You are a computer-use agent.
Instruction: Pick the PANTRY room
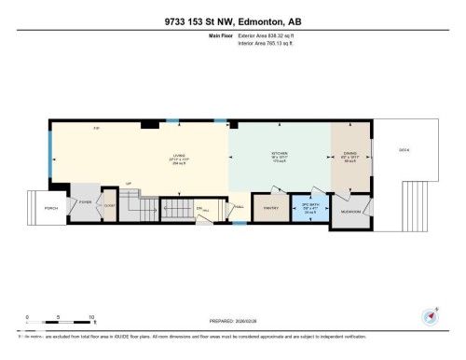[273, 209]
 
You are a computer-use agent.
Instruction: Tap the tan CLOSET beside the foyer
[108, 208]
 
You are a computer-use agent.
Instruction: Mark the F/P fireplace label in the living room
[95, 127]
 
